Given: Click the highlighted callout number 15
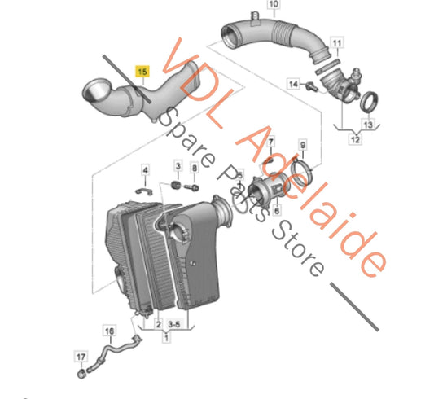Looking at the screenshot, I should [142, 72].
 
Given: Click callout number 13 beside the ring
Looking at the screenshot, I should [366, 125].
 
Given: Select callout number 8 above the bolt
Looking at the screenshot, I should [194, 168].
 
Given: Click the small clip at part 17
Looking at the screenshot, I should [82, 375].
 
